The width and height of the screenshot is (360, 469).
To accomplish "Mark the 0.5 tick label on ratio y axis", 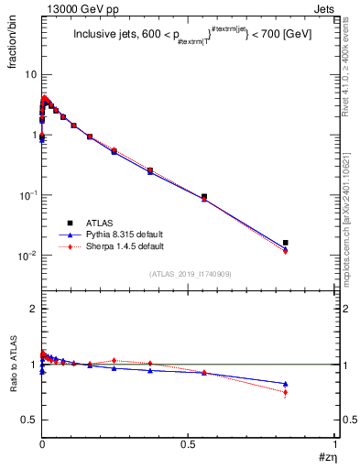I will click(x=28, y=420).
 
